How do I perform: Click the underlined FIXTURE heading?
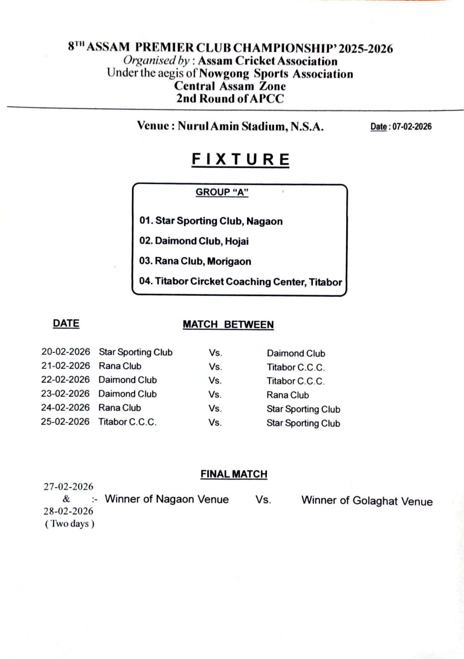240,159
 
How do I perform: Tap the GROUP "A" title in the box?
222,192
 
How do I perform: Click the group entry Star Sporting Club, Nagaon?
211,221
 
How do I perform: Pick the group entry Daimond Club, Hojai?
194,241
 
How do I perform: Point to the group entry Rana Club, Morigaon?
195,261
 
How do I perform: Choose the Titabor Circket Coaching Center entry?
240,282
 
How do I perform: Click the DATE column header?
66,324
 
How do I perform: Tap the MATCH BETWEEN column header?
228,325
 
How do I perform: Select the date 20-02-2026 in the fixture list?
65,352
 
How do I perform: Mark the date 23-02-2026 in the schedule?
65,394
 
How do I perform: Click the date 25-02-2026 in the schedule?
65,422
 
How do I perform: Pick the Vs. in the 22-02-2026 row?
215,381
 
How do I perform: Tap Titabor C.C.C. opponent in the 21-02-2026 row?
296,367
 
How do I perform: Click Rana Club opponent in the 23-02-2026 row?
287,395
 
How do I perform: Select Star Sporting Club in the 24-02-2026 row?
303,409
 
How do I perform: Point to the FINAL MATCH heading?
234,474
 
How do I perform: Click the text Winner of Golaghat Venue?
367,501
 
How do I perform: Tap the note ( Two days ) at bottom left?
70,524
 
